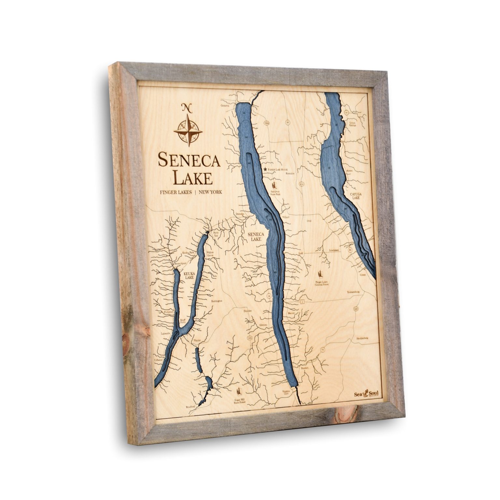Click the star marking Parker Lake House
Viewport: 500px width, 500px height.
click(265, 170)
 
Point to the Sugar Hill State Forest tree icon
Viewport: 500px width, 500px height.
click(241, 390)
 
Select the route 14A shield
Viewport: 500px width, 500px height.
click(250, 339)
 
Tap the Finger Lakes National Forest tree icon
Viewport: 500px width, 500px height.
click(322, 274)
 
